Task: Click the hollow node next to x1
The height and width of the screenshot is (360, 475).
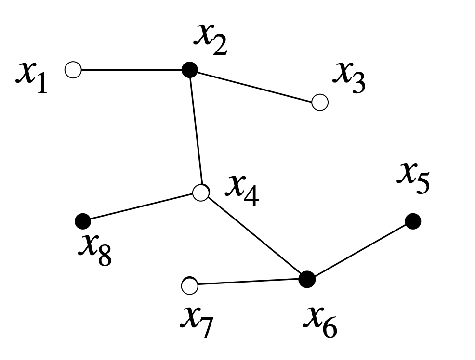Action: coord(73,70)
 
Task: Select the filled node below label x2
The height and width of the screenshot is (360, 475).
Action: coord(190,70)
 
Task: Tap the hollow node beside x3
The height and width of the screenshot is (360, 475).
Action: coord(320,102)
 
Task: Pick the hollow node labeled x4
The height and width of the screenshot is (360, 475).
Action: coord(201,193)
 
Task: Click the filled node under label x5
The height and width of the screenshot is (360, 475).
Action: coord(413,221)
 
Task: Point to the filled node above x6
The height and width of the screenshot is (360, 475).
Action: coord(307,279)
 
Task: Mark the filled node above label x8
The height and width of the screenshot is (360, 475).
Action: coord(83,221)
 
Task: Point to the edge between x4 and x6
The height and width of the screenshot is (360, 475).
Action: coord(254,236)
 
